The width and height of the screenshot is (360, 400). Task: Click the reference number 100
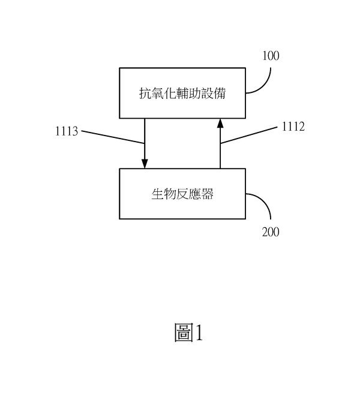tap(271, 56)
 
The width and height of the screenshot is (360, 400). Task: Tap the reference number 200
tap(271, 232)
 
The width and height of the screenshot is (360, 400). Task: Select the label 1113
tap(67, 131)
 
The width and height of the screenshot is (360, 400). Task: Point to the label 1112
tap(293, 127)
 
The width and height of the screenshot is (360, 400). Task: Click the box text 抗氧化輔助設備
tap(182, 93)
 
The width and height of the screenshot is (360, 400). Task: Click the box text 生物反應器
tap(182, 194)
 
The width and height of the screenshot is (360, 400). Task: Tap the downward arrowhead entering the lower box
tap(145, 164)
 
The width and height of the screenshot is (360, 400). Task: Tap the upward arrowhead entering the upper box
tap(220, 123)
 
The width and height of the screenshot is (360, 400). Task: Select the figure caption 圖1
tap(188, 332)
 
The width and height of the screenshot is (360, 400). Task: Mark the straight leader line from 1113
tap(113, 137)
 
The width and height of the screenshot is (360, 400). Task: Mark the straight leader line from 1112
tap(248, 135)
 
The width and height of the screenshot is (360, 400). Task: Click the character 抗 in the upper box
tap(145, 93)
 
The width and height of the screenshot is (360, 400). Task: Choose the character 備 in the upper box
tap(220, 93)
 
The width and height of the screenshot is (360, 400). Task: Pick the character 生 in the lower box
tap(158, 194)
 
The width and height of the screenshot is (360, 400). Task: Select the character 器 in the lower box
tap(208, 194)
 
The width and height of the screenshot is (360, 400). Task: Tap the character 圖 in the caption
tap(184, 332)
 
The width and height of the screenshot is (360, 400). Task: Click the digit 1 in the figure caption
tap(199, 332)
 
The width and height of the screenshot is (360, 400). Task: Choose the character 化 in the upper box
tap(170, 93)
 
